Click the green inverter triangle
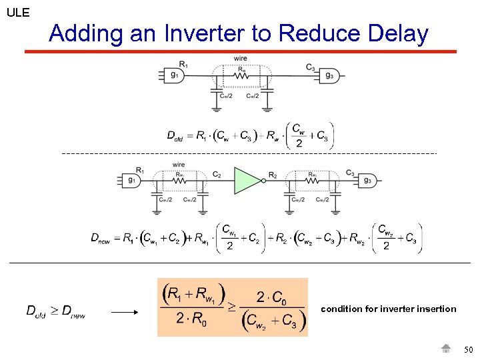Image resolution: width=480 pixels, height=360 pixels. click(x=247, y=180)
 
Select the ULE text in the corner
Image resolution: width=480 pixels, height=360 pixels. click(x=17, y=12)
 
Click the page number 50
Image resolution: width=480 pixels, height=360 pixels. click(x=468, y=349)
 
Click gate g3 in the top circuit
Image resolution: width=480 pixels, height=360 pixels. click(x=327, y=75)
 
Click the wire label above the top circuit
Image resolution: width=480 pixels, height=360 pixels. click(x=240, y=59)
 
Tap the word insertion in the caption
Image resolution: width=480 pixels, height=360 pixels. click(x=436, y=309)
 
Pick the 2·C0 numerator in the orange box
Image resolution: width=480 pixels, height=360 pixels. click(x=273, y=296)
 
